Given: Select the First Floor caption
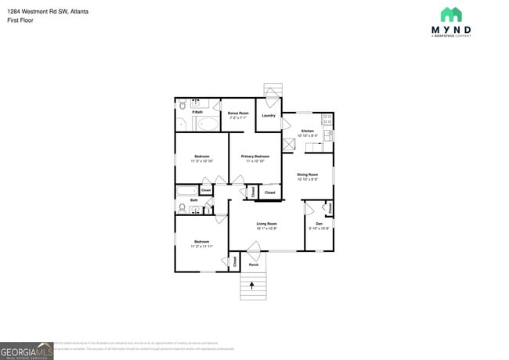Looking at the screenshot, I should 19,20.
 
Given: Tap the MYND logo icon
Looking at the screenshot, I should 450,15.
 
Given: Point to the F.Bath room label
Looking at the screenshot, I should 197,112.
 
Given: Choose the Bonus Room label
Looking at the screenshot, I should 238,113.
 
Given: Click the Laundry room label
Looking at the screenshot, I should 268,116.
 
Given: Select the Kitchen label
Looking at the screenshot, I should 308,131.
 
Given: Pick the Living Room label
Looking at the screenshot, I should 266,223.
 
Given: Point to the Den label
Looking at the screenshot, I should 319,224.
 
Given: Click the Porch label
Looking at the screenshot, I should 253,265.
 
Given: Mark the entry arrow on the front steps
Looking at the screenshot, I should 252,286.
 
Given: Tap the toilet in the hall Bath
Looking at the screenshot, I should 182,207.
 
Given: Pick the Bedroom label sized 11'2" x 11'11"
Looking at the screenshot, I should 201,243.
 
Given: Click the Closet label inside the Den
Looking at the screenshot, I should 330,208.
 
